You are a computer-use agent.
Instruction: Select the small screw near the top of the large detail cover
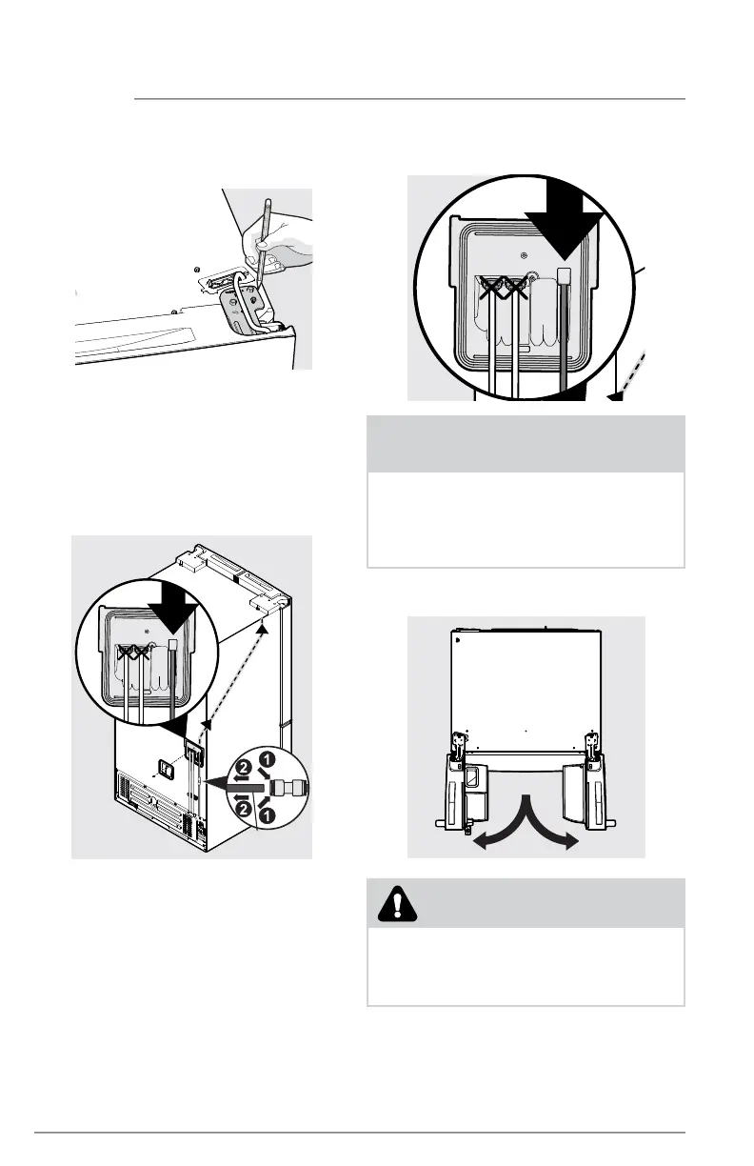[526, 255]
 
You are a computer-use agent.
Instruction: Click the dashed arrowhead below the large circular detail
[617, 392]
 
